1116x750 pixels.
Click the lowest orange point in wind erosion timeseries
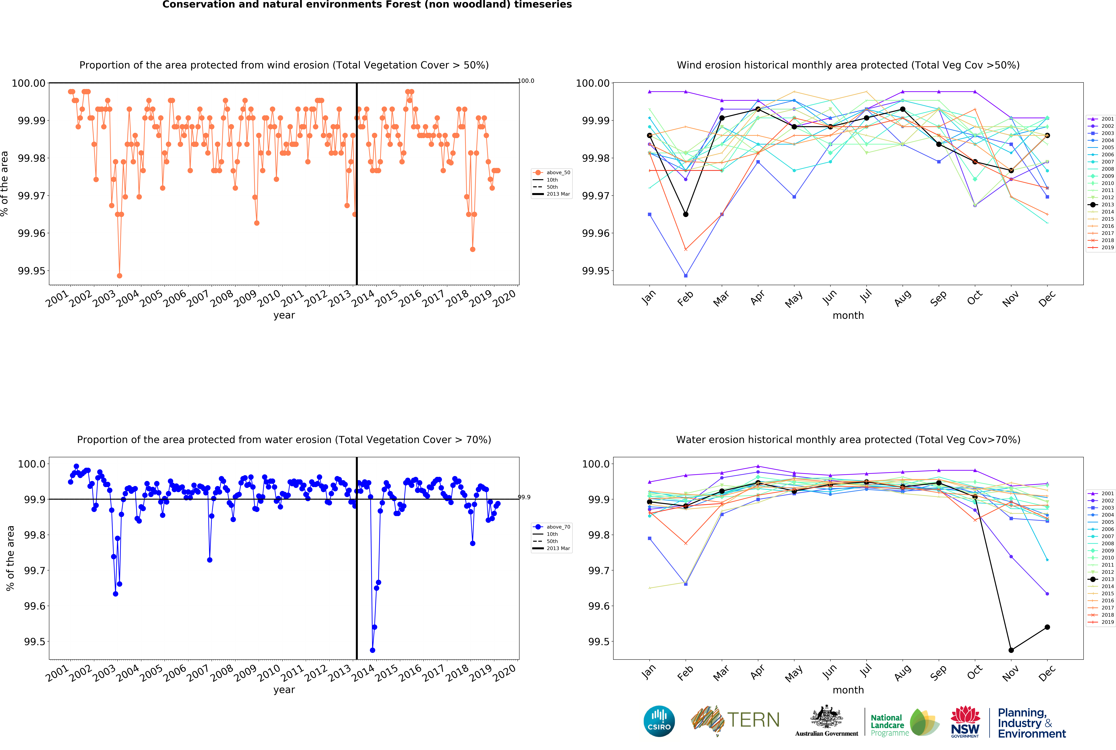(x=120, y=276)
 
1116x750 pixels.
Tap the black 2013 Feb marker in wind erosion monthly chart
(x=686, y=214)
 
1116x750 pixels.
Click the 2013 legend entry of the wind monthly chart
(x=1103, y=205)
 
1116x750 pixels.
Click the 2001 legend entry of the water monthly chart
(x=1103, y=493)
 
